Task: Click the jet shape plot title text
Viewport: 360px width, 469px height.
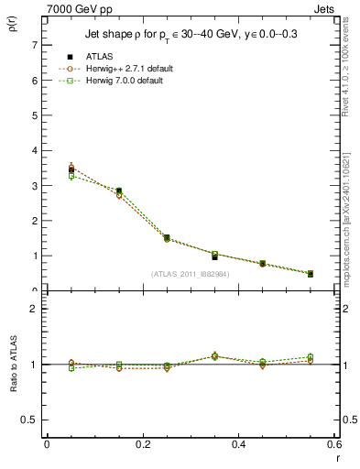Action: [x=191, y=35]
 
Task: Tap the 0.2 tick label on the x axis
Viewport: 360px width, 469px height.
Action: [x=142, y=444]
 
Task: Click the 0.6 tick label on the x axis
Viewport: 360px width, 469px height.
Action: [x=334, y=444]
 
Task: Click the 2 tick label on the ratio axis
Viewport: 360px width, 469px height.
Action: [x=35, y=309]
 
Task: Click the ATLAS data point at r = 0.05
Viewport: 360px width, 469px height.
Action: [x=71, y=169]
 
